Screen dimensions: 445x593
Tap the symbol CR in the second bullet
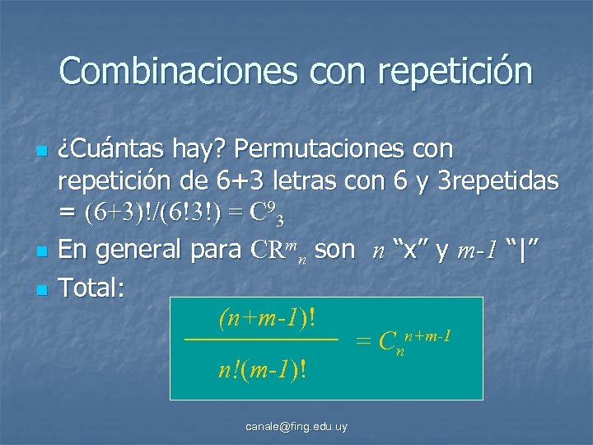266,250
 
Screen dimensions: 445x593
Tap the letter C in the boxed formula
386,342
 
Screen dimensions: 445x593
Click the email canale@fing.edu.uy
296,426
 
